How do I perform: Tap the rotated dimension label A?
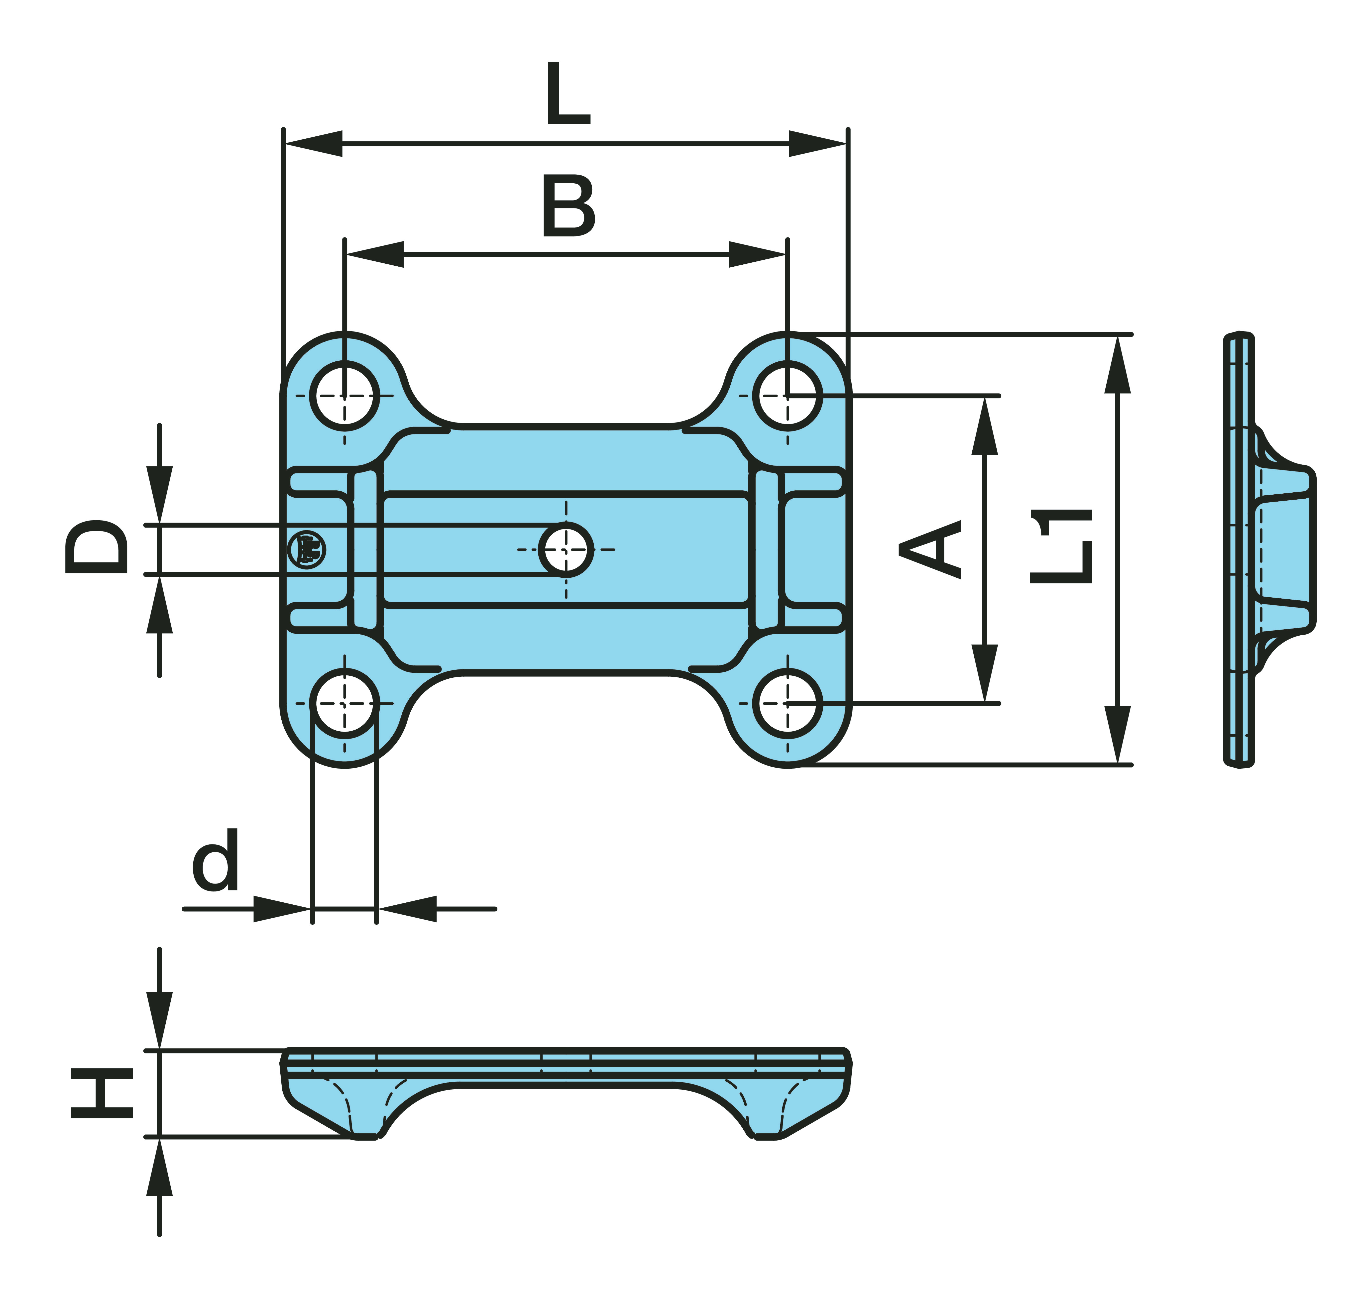[x=930, y=549]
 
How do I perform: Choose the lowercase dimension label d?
[x=216, y=861]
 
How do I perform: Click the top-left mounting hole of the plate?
[x=344, y=396]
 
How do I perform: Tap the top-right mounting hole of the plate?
[x=788, y=396]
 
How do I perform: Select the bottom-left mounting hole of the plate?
[x=344, y=703]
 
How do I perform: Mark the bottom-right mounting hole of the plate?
[x=788, y=703]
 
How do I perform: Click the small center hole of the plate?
[x=566, y=549]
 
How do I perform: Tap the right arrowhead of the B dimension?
[x=757, y=254]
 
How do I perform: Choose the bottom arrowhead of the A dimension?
[x=985, y=672]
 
